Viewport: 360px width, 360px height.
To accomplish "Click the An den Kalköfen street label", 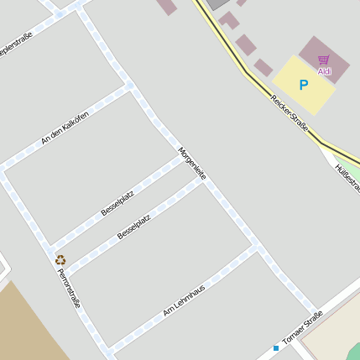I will click(x=65, y=128).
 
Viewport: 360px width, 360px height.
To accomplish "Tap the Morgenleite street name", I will click(x=192, y=163).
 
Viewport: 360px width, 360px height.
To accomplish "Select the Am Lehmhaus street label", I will click(x=184, y=300).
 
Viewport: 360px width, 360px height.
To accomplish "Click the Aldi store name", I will click(x=324, y=71).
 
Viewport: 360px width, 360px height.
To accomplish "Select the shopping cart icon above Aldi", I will click(x=324, y=60).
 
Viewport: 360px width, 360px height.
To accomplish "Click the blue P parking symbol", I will click(x=303, y=85).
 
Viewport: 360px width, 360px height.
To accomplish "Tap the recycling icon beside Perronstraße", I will click(x=60, y=260).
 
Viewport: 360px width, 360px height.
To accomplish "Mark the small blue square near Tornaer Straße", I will click(x=275, y=347).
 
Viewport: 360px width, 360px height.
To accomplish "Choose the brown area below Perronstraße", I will click(x=25, y=323).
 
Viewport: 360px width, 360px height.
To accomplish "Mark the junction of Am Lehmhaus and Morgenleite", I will click(x=255, y=245).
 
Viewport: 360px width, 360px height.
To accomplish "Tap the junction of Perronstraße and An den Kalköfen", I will click(x=3, y=170).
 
